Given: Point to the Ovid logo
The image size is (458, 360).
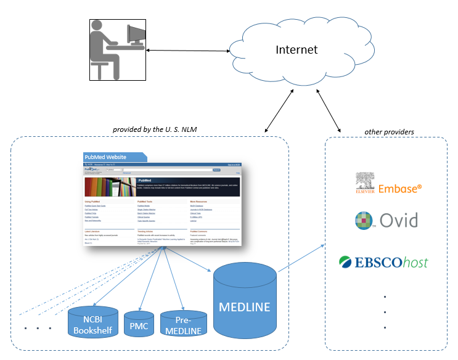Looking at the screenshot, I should (x=386, y=220).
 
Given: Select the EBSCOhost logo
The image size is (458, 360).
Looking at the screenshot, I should (x=383, y=262).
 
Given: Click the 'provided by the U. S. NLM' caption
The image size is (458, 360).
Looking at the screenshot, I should (x=158, y=129).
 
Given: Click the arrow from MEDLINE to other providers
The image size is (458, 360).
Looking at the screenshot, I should (x=302, y=260).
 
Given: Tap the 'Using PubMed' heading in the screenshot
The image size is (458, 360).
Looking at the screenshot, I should (x=93, y=202).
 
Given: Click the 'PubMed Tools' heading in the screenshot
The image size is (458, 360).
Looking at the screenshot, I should (x=147, y=202).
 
